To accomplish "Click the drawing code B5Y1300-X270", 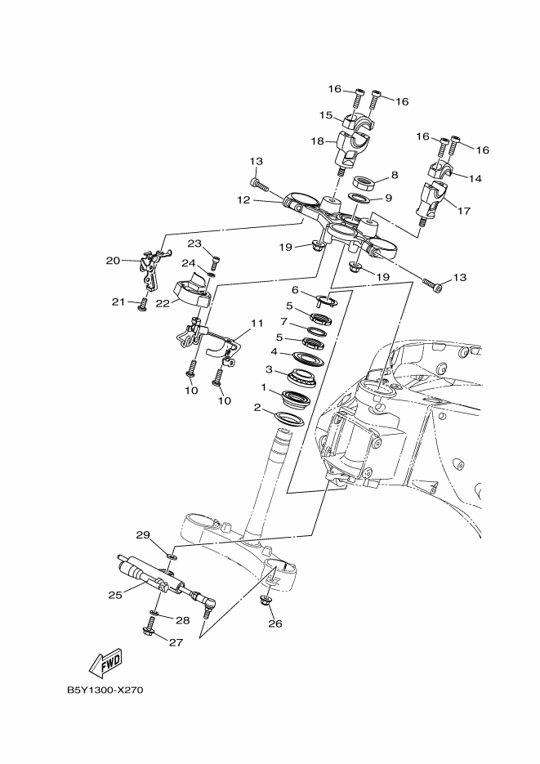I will pos(105,689).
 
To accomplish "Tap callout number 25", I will pos(115,594).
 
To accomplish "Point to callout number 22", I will pos(163,302).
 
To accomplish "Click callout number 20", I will pos(113,261).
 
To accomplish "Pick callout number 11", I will pos(257,323).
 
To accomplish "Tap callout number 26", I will pos(274,623).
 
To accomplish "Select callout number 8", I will pos(394,175).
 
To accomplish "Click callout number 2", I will pos(257,407).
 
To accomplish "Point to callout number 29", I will pos(143,535).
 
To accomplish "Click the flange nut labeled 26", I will pos(267,602).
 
